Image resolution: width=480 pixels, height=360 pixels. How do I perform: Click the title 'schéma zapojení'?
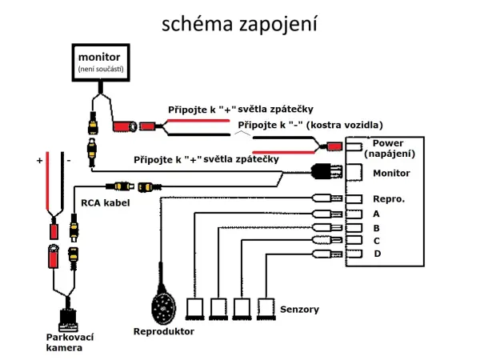tap(239, 23)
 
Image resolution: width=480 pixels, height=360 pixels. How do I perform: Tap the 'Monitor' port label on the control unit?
tap(390, 173)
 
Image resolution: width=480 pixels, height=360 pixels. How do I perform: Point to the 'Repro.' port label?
tap(389, 198)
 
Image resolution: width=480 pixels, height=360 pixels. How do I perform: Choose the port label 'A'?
tap(376, 214)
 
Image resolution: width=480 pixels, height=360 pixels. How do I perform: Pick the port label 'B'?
tap(376, 227)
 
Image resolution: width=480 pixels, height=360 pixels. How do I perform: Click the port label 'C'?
tap(376, 240)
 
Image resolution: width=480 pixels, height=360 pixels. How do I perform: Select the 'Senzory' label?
tap(300, 309)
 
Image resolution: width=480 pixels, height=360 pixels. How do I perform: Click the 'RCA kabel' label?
tap(105, 203)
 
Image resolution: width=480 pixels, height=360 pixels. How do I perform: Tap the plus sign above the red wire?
tap(39, 161)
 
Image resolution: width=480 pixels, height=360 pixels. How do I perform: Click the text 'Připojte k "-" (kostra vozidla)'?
tap(310, 125)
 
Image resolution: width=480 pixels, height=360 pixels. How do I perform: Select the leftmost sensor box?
tap(196, 308)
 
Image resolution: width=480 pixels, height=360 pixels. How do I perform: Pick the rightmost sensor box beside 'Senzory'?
tap(267, 308)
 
